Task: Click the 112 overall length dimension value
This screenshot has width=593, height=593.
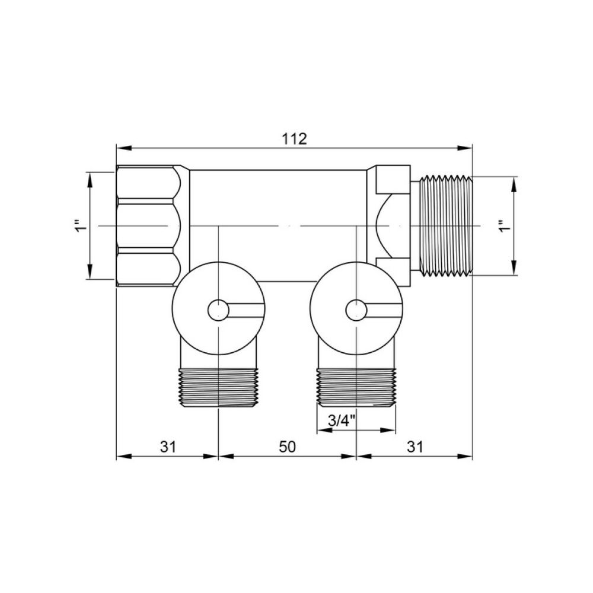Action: tap(294, 139)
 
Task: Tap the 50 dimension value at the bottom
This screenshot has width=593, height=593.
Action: tap(287, 447)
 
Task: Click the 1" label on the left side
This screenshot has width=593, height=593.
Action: tap(81, 225)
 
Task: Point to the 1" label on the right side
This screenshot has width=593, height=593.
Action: tap(505, 225)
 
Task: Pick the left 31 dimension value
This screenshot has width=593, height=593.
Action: tap(168, 447)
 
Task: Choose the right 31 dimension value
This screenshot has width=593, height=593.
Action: tap(415, 447)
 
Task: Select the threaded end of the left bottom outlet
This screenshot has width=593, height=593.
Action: tap(219, 388)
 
